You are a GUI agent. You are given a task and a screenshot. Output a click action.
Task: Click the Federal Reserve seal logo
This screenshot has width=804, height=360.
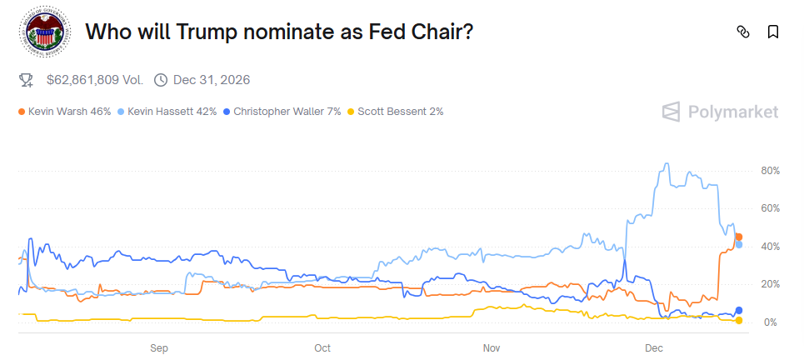[x=42, y=32]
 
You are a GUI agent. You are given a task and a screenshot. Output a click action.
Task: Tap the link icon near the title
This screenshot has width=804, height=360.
[x=743, y=32]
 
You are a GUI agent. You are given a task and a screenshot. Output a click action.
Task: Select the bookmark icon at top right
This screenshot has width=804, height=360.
[x=773, y=32]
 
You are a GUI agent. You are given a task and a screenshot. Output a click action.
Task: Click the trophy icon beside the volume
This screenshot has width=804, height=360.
[x=27, y=80]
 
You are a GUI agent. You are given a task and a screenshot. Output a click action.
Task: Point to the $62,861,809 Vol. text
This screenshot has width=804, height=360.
[x=94, y=80]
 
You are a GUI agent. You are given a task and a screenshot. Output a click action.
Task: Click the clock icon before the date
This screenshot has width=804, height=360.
[x=161, y=80]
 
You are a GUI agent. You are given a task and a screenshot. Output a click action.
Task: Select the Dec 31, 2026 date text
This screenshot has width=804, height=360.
[x=212, y=80]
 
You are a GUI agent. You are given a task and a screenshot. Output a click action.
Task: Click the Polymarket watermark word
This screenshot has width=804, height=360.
[x=733, y=112]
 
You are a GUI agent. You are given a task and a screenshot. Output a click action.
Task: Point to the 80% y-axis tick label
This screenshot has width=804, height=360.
[x=770, y=171]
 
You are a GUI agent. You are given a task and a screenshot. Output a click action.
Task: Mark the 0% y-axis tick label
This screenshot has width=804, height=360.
[x=772, y=322]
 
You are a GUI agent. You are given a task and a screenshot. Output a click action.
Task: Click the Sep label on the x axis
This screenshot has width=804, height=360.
[x=159, y=347]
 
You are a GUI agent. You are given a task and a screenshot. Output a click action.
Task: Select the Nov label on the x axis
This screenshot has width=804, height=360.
[x=491, y=347]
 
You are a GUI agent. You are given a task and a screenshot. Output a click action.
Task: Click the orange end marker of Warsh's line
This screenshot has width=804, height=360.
[x=738, y=237]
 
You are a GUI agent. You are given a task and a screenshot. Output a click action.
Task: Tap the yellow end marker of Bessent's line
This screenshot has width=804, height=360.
[x=739, y=321]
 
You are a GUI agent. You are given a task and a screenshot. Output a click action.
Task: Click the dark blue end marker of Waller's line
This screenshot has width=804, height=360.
[x=739, y=311]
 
